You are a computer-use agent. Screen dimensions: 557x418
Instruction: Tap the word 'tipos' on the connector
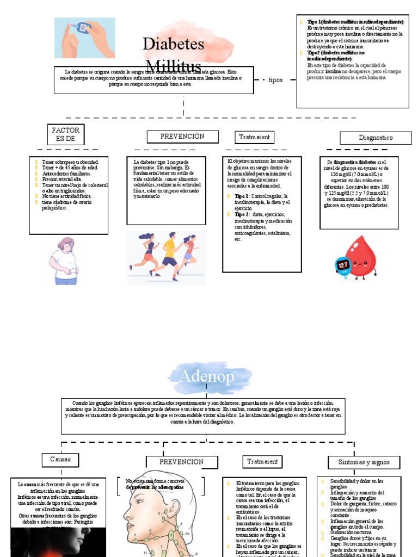[x=275, y=80]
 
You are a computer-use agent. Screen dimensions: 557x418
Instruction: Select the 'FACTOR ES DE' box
[x=65, y=135]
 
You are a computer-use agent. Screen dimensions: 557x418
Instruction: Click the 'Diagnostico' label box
[x=376, y=138]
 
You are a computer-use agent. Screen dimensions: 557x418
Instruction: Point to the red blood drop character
[x=361, y=257]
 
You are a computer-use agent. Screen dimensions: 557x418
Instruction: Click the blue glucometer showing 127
[x=344, y=265]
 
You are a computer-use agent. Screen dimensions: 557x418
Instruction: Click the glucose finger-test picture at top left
[x=84, y=38]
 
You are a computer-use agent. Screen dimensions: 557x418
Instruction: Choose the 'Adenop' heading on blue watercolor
[x=206, y=376]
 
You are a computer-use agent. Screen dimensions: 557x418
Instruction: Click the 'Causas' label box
[x=60, y=460]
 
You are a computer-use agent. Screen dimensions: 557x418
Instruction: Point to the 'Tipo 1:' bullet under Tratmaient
[x=242, y=195]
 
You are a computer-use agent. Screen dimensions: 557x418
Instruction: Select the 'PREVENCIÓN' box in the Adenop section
[x=181, y=462]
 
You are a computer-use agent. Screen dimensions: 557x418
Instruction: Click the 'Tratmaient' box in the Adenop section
[x=262, y=462]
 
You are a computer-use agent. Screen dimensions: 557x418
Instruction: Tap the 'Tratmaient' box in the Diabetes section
[x=254, y=137]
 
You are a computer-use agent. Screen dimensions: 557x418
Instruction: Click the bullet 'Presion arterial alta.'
[x=62, y=179]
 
